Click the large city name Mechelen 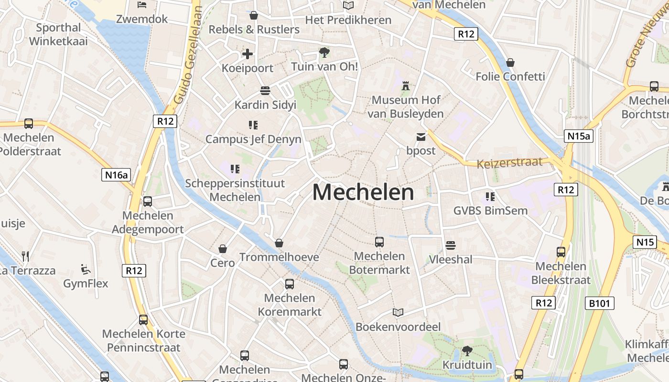[x=363, y=192]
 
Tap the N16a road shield [x=117, y=175]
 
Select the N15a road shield [x=578, y=136]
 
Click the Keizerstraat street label [x=509, y=162]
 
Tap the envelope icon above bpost [x=421, y=137]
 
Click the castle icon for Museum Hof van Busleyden [x=406, y=86]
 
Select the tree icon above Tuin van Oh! [x=324, y=53]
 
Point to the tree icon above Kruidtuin [x=467, y=351]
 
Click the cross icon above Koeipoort [x=248, y=54]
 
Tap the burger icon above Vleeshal [x=450, y=245]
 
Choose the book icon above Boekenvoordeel [x=398, y=313]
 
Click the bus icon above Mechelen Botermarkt [x=379, y=242]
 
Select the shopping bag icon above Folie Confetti [x=510, y=63]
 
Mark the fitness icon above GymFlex [x=86, y=269]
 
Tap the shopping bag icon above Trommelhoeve [x=279, y=244]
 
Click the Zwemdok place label [x=142, y=19]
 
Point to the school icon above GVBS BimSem [x=490, y=196]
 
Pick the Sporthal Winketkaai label [x=58, y=34]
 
